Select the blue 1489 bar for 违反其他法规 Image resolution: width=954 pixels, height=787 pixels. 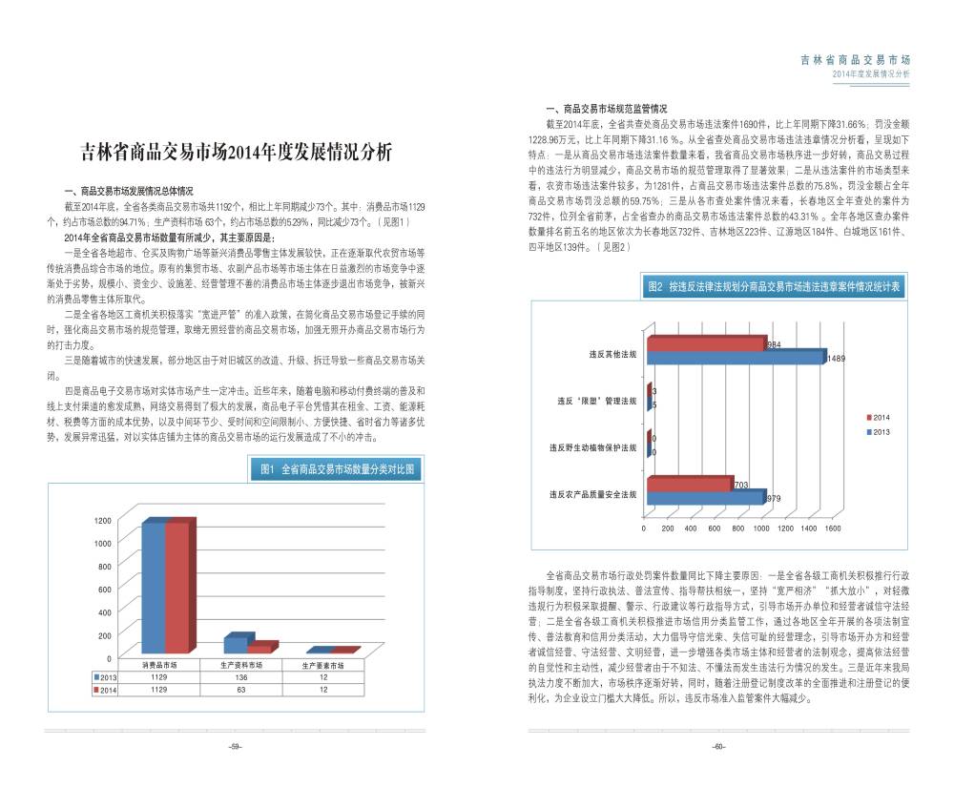point(735,358)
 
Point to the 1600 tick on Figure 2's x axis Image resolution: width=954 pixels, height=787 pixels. point(832,528)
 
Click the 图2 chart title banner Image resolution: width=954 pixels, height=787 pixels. point(772,285)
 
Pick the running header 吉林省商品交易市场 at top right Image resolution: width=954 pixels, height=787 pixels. point(855,59)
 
